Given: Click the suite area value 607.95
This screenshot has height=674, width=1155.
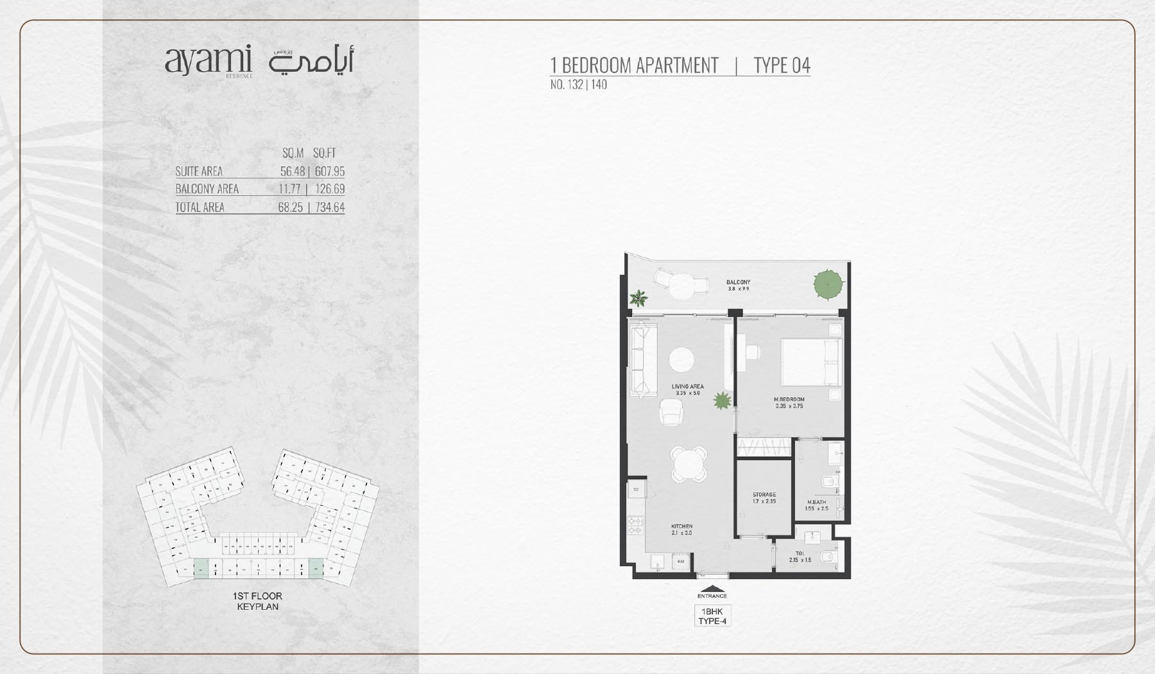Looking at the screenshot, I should tap(330, 171).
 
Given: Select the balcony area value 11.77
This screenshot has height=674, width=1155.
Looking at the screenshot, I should tap(290, 189).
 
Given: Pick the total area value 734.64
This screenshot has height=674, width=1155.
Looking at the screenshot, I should tap(330, 207).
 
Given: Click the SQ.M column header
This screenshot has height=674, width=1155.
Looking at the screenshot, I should tap(293, 153).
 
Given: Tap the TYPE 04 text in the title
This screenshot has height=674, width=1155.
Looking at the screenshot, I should tap(782, 65).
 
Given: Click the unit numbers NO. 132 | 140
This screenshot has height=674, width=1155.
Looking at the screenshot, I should tap(578, 85).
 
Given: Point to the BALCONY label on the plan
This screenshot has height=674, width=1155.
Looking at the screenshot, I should tap(738, 282).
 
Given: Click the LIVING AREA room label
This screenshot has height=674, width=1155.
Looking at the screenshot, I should tap(687, 387).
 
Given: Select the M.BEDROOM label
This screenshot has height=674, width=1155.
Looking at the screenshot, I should tap(789, 400).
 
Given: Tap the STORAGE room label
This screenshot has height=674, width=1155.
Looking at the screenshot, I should tap(764, 495).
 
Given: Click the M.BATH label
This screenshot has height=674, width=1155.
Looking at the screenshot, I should tap(816, 503).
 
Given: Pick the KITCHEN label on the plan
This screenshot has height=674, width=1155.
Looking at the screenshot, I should tap(681, 526).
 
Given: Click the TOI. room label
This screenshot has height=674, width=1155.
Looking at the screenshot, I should tap(800, 553).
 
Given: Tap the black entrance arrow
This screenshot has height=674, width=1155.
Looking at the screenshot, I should tap(712, 589).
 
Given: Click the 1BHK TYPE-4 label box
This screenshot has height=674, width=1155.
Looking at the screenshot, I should tap(712, 616).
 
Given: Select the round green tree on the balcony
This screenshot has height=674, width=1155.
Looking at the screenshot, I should tap(828, 284).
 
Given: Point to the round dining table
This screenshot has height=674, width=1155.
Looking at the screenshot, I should tap(689, 463).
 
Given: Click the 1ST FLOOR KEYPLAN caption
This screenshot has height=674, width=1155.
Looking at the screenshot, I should tap(257, 601).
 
